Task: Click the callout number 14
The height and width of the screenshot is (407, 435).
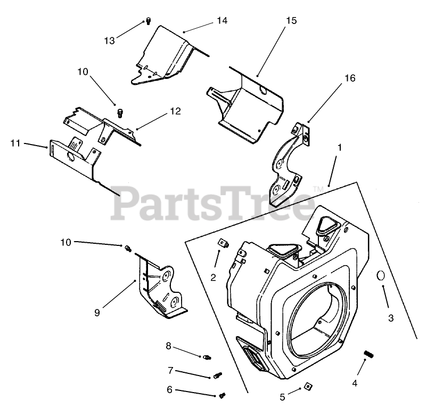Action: tap(221, 20)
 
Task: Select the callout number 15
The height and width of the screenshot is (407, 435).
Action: tap(291, 21)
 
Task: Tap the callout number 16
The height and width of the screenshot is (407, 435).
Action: tap(349, 78)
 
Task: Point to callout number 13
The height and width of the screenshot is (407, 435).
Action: tap(109, 41)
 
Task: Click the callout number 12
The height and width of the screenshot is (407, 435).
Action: tap(175, 111)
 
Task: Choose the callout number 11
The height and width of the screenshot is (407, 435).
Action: tap(15, 143)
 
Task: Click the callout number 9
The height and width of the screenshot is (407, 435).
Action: tap(97, 313)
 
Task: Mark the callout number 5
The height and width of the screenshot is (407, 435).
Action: tap(283, 396)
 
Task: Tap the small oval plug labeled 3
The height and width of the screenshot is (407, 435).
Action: tap(381, 275)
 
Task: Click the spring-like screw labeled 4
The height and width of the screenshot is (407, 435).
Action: tap(367, 354)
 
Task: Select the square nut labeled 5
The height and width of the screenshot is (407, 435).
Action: tap(308, 386)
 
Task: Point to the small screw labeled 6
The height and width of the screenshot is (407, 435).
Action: tap(223, 395)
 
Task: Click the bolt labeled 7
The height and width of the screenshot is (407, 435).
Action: tap(217, 376)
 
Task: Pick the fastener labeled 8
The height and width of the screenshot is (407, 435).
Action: tap(208, 357)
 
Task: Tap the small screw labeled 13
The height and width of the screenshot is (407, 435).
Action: tap(149, 21)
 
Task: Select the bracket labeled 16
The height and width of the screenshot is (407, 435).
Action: tap(288, 165)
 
